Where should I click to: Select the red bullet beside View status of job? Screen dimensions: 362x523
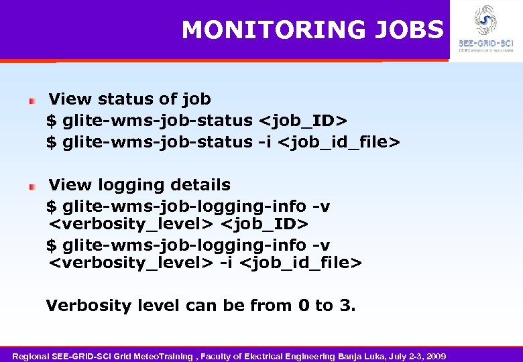click(x=32, y=101)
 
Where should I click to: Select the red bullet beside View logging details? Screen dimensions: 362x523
click(x=32, y=186)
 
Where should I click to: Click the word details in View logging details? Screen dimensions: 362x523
click(x=200, y=185)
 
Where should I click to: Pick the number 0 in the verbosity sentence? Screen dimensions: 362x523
click(x=304, y=306)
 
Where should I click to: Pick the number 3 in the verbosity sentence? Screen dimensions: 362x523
click(x=345, y=306)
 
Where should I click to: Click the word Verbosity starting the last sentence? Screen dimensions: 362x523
click(x=89, y=306)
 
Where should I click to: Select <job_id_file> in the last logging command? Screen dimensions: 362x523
click(x=300, y=263)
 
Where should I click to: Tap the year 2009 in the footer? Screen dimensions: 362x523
click(x=434, y=355)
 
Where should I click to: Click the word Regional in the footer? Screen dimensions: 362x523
click(x=32, y=355)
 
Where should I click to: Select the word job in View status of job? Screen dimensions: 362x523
click(x=196, y=100)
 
